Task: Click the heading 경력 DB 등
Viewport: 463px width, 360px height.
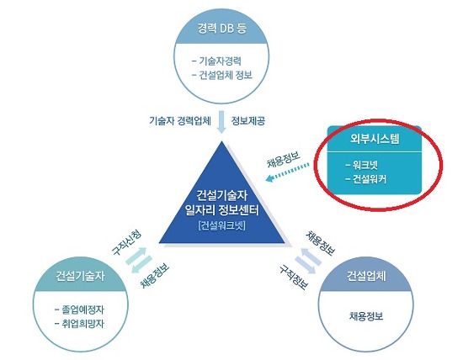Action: [x=222, y=29]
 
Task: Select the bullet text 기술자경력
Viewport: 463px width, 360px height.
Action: [x=220, y=61]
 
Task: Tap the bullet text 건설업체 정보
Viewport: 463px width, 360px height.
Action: [x=226, y=75]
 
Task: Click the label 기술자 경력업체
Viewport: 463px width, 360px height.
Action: [x=180, y=120]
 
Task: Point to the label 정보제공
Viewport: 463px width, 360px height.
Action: [x=247, y=120]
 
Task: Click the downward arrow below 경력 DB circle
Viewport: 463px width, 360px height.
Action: [x=221, y=122]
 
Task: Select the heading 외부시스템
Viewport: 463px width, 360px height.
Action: [x=375, y=139]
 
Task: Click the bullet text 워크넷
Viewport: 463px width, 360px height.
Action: [x=365, y=165]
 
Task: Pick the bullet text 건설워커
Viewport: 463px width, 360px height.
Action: [x=370, y=179]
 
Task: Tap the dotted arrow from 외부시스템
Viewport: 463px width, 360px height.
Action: [x=287, y=172]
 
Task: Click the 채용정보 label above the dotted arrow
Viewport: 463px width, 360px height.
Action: [x=283, y=159]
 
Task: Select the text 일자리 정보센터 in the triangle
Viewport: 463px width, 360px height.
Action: [x=222, y=210]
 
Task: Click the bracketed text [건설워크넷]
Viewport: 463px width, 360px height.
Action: [x=222, y=225]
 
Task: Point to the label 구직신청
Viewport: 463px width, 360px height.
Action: [x=126, y=242]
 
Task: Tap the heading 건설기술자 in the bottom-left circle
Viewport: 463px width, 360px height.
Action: [x=80, y=276]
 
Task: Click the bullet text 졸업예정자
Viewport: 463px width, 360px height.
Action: [x=83, y=310]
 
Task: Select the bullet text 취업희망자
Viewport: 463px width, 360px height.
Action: [x=83, y=324]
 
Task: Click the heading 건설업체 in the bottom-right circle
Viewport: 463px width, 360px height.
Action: [x=366, y=276]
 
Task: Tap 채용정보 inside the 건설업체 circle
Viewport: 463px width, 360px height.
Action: [x=366, y=316]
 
